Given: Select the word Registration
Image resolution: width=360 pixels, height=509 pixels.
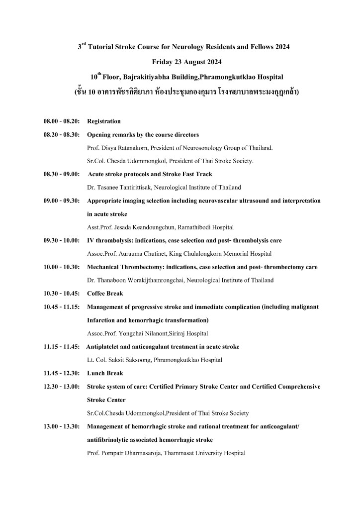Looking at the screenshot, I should (x=103, y=121).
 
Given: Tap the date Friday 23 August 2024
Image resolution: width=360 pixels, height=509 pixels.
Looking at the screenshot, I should (x=186, y=62).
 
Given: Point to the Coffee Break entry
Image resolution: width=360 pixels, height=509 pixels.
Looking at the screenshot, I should (x=105, y=294).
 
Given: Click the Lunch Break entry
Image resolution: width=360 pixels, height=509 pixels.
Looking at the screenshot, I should (x=105, y=373).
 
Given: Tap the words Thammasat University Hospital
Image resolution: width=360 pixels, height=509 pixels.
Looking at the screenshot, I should (x=206, y=453).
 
